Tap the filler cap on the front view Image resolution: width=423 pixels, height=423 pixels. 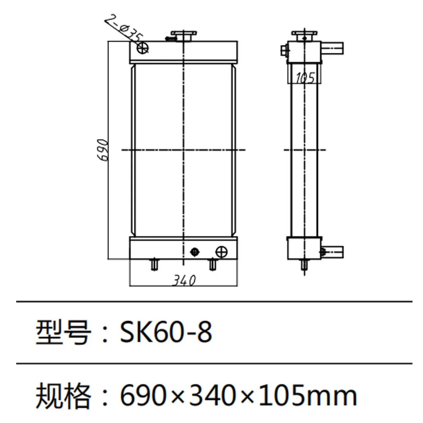tap(183, 36)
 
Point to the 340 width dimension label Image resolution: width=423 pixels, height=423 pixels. tap(183, 280)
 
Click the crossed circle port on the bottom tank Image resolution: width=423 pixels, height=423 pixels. tap(221, 252)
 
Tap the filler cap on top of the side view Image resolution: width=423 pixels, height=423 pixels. tap(305, 36)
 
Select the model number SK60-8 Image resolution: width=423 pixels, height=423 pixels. tap(166, 332)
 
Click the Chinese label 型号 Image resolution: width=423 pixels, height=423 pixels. tap(63, 332)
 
